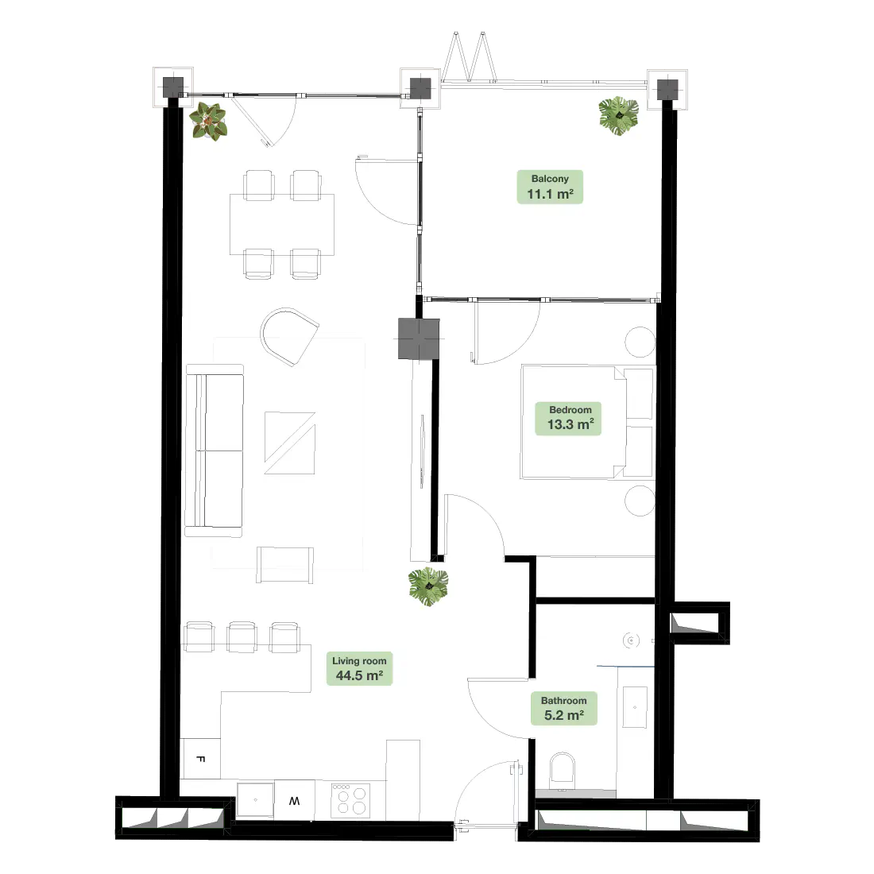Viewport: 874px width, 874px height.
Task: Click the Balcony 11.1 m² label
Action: pyautogui.click(x=550, y=187)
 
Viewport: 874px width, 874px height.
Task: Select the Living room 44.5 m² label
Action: pyautogui.click(x=359, y=668)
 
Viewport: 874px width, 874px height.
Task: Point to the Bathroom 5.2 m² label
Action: pyautogui.click(x=563, y=709)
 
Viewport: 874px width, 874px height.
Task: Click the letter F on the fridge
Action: pyautogui.click(x=201, y=759)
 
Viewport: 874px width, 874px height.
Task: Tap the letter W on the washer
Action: pyautogui.click(x=294, y=801)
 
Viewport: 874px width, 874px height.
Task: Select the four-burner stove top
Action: pyautogui.click(x=350, y=801)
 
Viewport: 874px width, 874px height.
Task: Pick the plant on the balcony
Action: pyautogui.click(x=619, y=115)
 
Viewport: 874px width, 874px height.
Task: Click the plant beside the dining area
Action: pyautogui.click(x=208, y=121)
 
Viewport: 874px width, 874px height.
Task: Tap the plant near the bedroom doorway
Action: pyautogui.click(x=428, y=586)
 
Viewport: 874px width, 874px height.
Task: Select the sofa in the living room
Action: pyautogui.click(x=215, y=451)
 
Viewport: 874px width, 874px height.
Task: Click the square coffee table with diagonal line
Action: pyautogui.click(x=290, y=443)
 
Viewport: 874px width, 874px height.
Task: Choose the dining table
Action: pyautogui.click(x=282, y=224)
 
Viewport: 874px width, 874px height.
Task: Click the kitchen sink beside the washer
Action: pyautogui.click(x=255, y=800)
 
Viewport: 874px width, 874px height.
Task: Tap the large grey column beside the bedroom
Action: pyautogui.click(x=419, y=339)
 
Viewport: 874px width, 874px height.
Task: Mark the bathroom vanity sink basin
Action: pyautogui.click(x=635, y=707)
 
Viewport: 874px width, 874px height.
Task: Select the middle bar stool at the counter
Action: pyautogui.click(x=242, y=637)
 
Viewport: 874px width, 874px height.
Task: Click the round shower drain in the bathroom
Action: pyautogui.click(x=631, y=640)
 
